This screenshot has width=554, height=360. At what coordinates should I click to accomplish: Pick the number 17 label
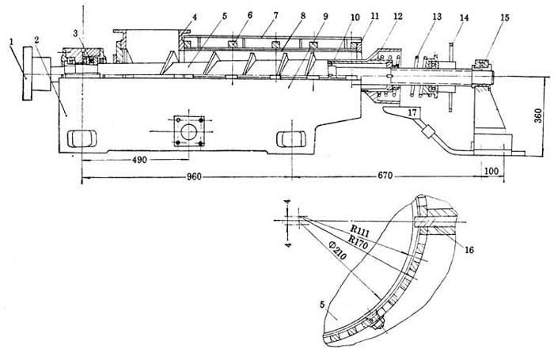pyautogui.click(x=412, y=112)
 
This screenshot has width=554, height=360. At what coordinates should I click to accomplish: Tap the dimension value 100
pyautogui.click(x=490, y=171)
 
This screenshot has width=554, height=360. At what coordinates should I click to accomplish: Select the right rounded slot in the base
pyautogui.click(x=289, y=138)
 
